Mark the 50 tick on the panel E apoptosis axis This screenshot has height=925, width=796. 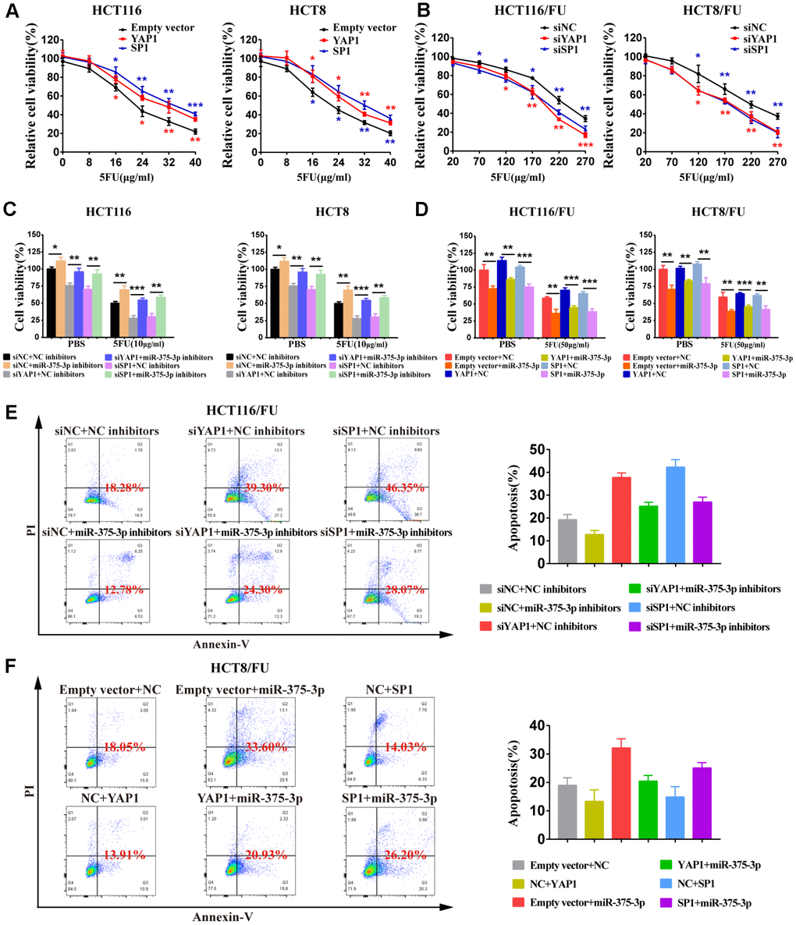point(539,449)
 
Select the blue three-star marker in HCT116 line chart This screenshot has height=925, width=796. point(194,105)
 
